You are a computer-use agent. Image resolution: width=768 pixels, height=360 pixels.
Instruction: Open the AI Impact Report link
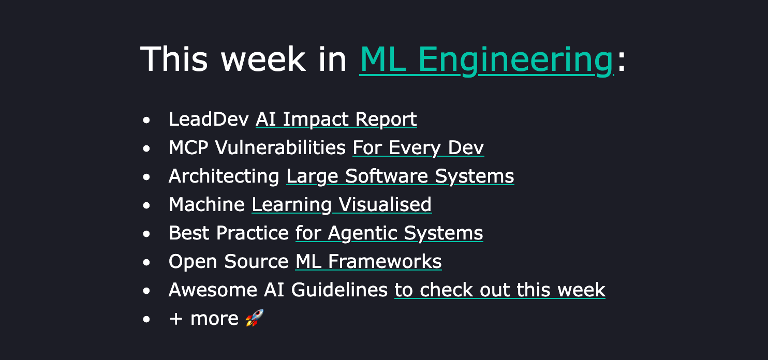point(336,119)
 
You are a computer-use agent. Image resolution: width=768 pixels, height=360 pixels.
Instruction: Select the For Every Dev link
point(418,147)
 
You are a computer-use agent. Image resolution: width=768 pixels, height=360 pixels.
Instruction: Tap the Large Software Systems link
point(400,176)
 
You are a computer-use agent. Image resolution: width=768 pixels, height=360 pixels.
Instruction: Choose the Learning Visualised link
point(341,204)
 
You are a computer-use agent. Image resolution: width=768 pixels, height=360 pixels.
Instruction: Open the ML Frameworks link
point(368,261)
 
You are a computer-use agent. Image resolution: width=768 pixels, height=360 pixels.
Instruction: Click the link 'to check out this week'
point(499,290)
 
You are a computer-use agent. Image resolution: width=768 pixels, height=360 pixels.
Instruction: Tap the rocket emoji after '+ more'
point(254,318)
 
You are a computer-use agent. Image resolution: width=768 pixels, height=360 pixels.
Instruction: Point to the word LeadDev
point(209,119)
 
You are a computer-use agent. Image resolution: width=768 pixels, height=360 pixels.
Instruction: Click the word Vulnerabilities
point(280,147)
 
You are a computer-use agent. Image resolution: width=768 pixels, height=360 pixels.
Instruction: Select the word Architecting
point(224,176)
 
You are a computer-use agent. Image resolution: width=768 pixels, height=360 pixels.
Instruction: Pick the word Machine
point(206,204)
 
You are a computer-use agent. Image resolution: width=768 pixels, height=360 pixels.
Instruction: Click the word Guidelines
point(339,290)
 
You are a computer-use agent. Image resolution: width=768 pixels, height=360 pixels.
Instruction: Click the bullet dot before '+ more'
point(146,319)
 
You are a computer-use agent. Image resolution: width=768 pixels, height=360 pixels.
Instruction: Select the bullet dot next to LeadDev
point(146,120)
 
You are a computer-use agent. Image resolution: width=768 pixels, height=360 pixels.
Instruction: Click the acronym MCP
point(188,147)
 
